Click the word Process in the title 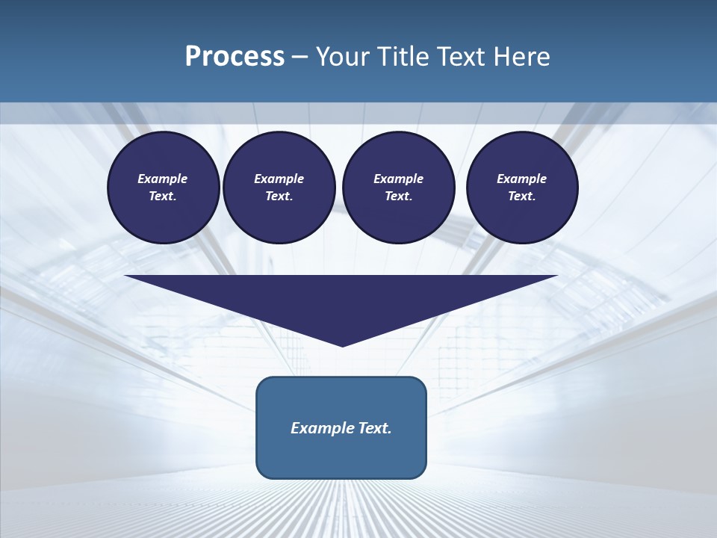(x=235, y=56)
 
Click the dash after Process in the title (x=300, y=57)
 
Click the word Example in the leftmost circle (x=162, y=179)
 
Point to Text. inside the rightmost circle (x=522, y=196)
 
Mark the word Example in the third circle (x=398, y=179)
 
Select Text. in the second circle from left (x=279, y=196)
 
